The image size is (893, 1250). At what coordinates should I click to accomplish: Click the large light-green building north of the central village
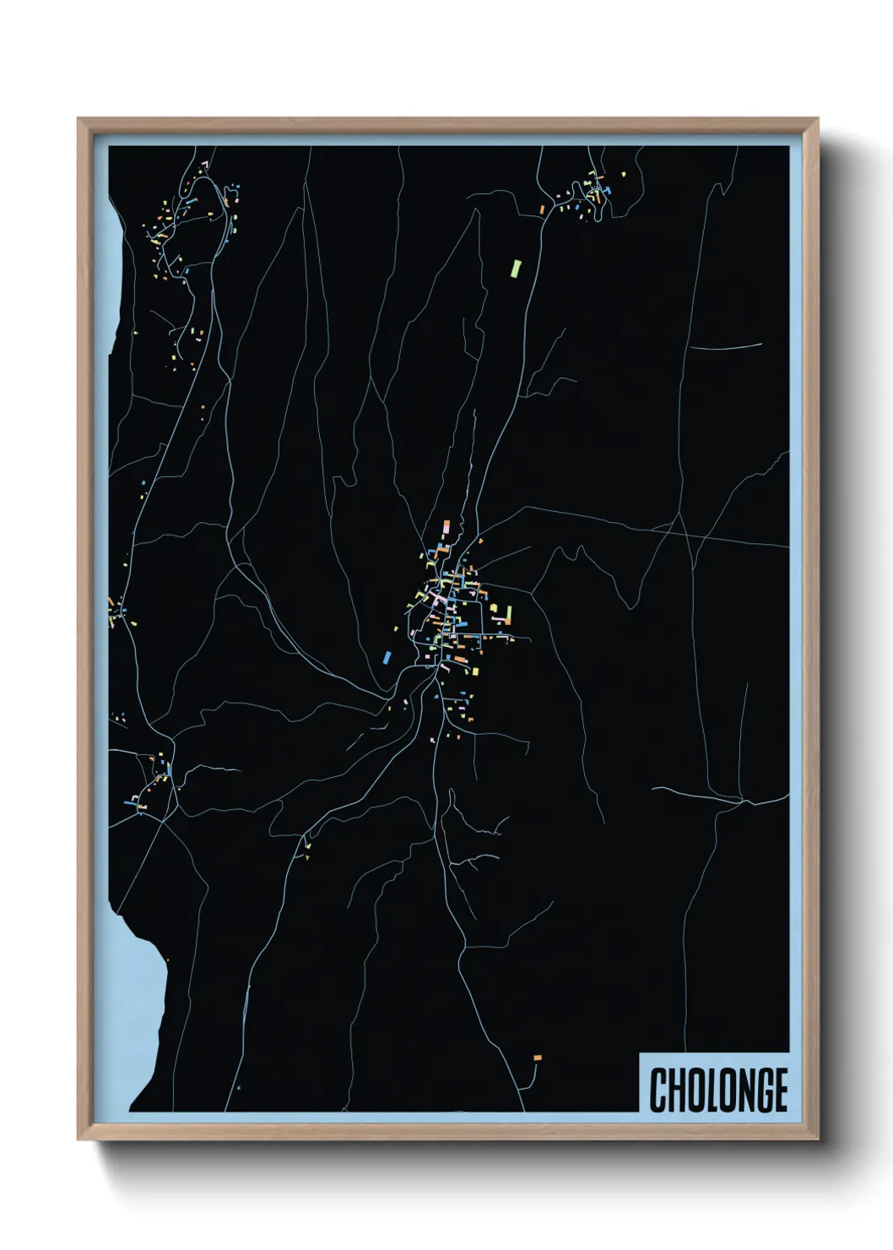pos(516,269)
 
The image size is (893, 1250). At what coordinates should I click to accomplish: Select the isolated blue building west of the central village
pos(387,656)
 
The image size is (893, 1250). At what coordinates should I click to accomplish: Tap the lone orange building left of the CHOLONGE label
pos(537,1057)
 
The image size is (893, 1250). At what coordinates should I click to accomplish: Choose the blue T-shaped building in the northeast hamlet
pos(598,187)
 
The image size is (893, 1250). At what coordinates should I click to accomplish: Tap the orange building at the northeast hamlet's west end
pos(542,209)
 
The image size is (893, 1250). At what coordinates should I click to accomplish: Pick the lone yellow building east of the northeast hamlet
pos(624,174)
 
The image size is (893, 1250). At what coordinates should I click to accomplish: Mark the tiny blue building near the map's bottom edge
pos(239,1088)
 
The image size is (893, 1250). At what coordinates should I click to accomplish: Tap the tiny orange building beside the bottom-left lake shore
pos(167,959)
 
